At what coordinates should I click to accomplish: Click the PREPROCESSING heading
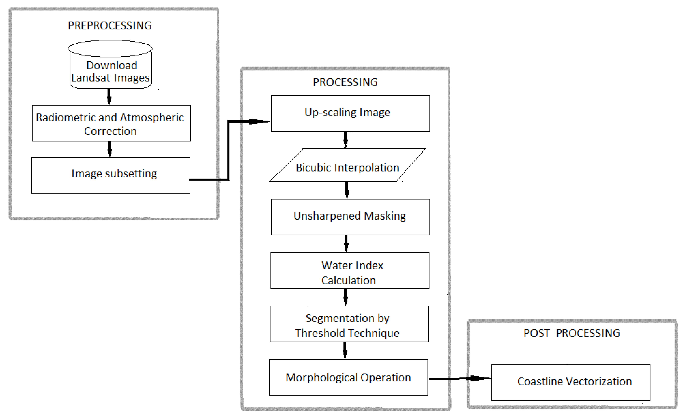(x=110, y=26)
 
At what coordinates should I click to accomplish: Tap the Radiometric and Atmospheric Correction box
(x=111, y=123)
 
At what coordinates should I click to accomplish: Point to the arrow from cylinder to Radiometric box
(x=109, y=97)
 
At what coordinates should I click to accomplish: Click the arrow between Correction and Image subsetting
(x=110, y=149)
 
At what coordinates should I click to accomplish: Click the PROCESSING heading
(x=345, y=82)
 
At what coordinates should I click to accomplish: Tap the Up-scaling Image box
(x=350, y=113)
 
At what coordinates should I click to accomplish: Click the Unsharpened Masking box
(x=350, y=217)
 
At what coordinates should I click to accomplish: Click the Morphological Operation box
(x=348, y=377)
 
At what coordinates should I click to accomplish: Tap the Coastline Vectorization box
(x=571, y=382)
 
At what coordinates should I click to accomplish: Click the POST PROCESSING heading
(x=572, y=333)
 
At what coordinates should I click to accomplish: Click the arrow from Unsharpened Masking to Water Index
(x=346, y=243)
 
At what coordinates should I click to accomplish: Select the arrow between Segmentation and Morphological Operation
(x=345, y=350)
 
